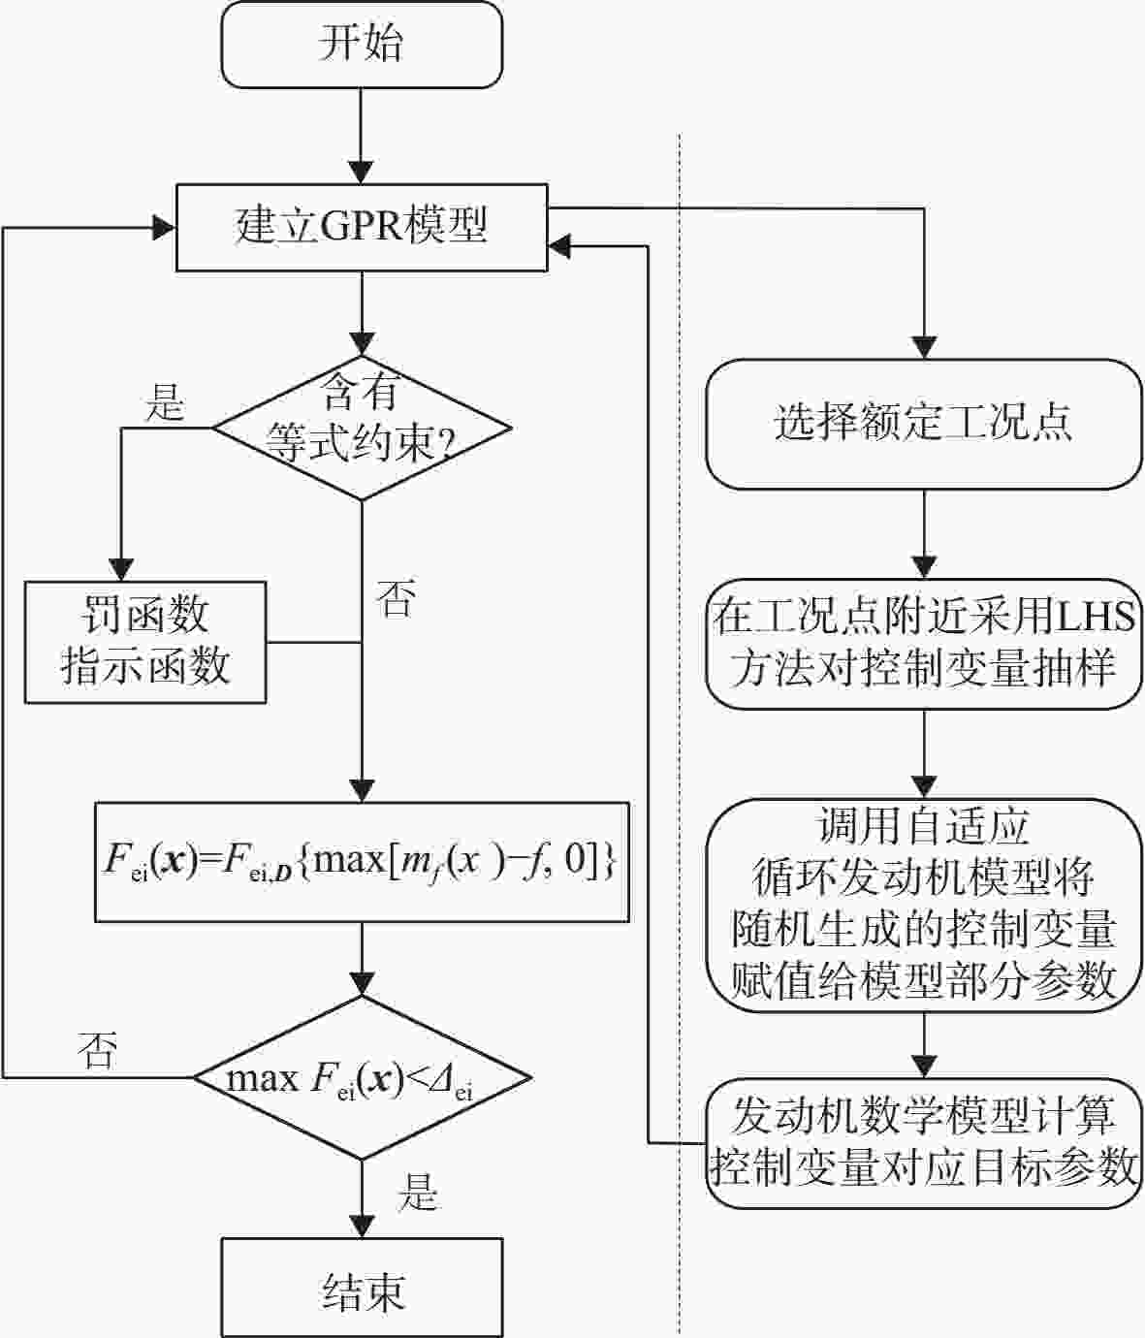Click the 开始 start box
(362, 45)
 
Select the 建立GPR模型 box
(362, 228)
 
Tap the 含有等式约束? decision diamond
(362, 428)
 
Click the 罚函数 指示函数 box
(145, 642)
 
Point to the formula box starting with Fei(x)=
(362, 862)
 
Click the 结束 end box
(362, 1288)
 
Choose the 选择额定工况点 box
(924, 424)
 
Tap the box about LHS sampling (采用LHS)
(924, 644)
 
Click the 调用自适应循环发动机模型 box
(924, 906)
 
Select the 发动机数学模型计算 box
(924, 1143)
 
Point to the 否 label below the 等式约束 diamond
(397, 597)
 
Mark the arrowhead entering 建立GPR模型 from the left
(163, 228)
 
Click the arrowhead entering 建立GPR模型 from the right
(560, 246)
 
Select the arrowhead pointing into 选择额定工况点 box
(924, 348)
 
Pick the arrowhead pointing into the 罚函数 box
(121, 570)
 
